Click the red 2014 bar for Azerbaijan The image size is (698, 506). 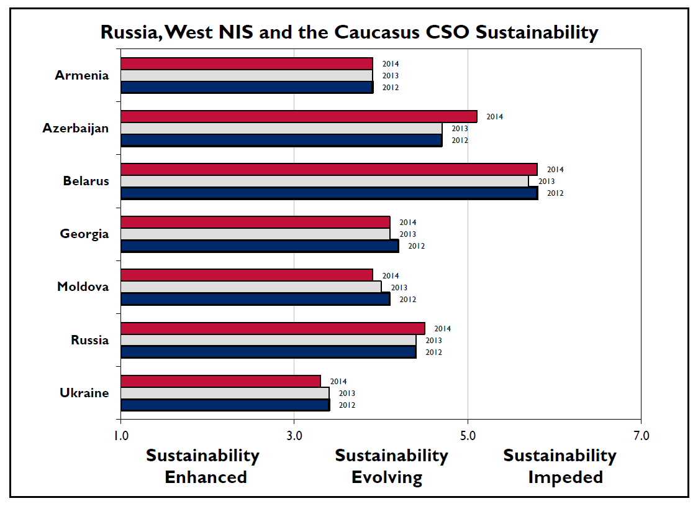tap(299, 116)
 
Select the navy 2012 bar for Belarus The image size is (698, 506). tap(329, 193)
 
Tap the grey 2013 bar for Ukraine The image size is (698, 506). tap(224, 393)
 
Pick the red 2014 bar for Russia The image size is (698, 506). tap(273, 328)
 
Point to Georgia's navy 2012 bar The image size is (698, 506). tap(259, 246)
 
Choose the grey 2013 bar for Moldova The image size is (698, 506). tap(250, 287)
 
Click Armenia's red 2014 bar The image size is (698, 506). tap(247, 63)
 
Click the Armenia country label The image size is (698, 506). tap(81, 76)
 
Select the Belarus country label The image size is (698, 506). tap(86, 182)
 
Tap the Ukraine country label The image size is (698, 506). tap(84, 393)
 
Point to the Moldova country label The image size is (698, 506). tap(83, 287)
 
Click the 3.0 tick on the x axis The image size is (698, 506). tap(294, 436)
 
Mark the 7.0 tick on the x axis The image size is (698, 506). tap(641, 436)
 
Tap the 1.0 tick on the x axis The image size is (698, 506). tap(120, 436)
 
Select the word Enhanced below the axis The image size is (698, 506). tap(206, 477)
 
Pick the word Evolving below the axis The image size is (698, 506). tap(387, 477)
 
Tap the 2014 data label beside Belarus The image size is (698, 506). tap(555, 170)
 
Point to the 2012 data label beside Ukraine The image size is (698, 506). tap(347, 405)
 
